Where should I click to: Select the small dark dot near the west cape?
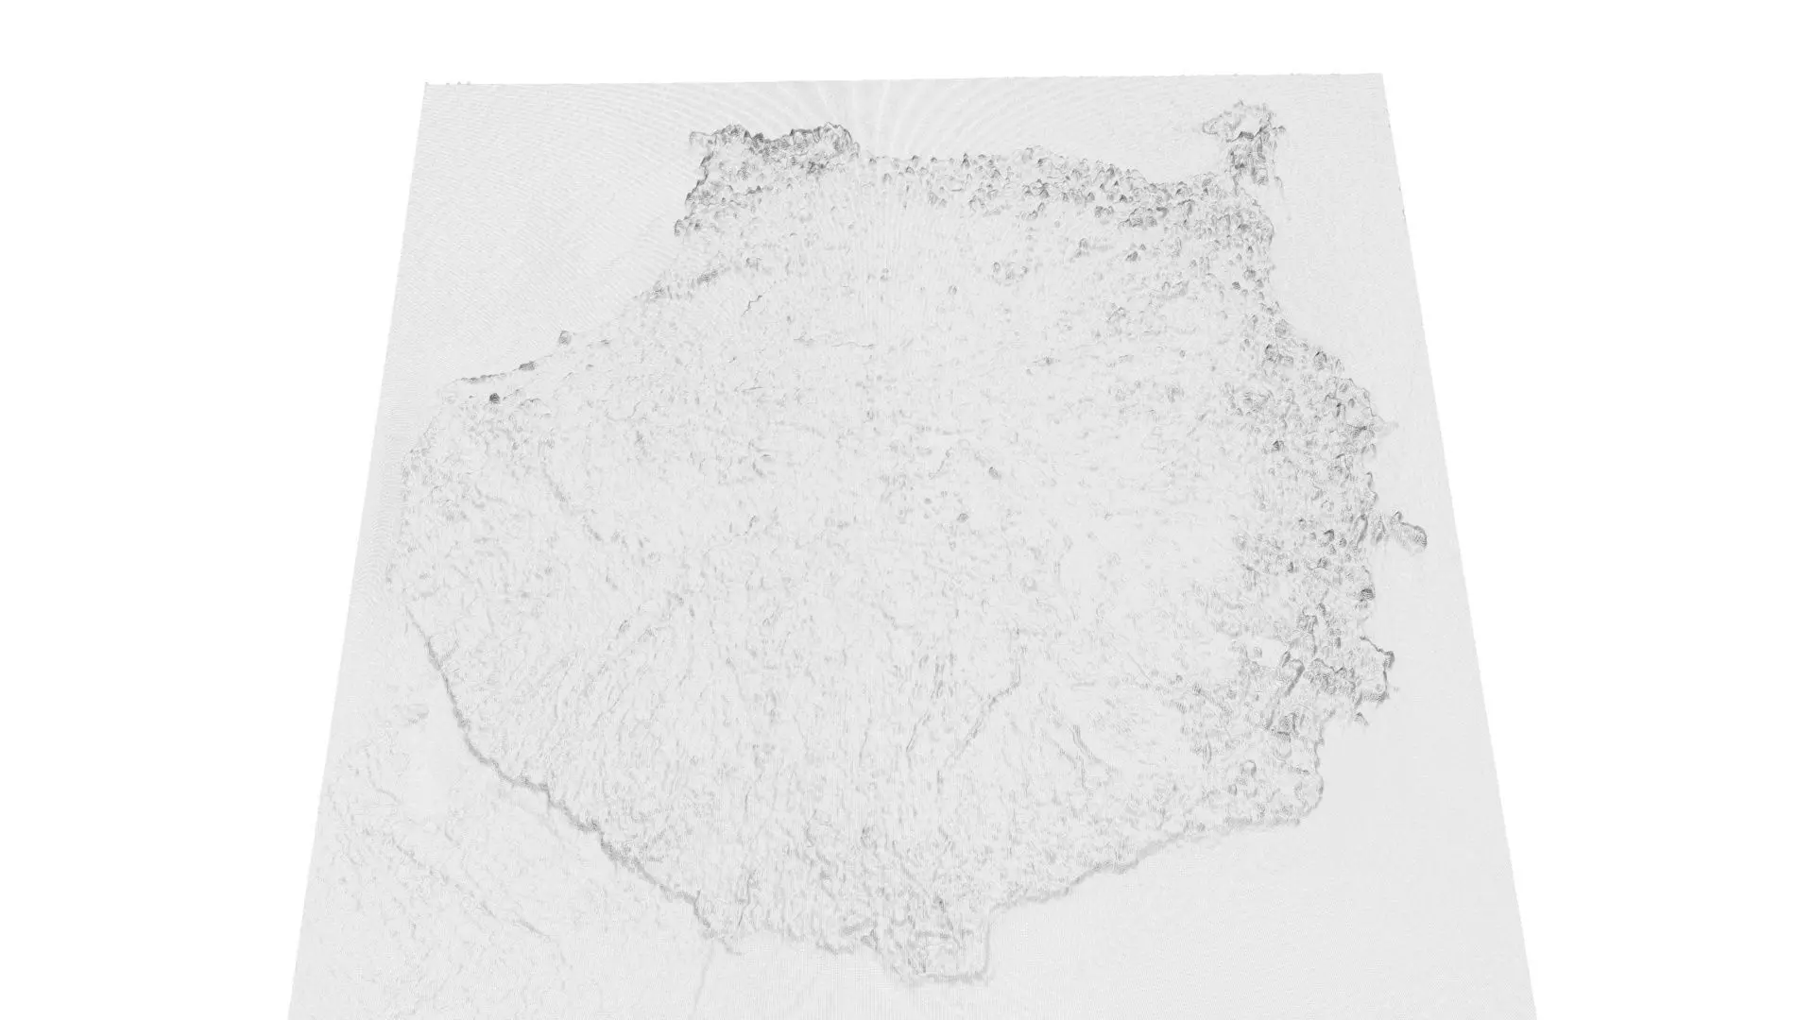click(493, 399)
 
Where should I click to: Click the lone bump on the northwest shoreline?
click(564, 336)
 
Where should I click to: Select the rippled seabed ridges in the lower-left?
click(397, 850)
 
